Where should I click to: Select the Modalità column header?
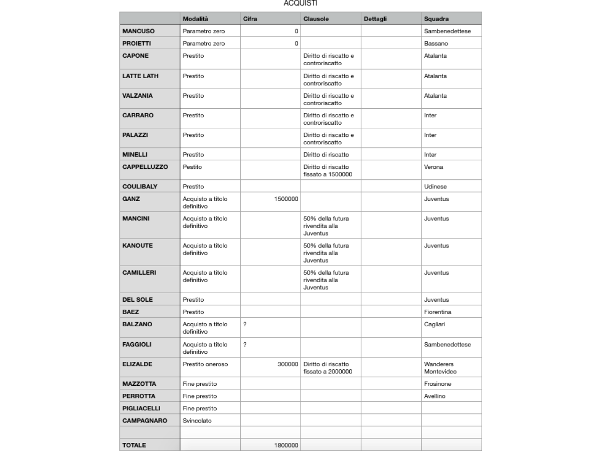[196, 19]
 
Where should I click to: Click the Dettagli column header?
[374, 19]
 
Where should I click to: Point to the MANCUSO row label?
[138, 31]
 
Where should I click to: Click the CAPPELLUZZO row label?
[145, 166]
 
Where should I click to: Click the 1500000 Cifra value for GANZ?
[286, 199]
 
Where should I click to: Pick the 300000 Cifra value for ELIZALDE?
[288, 364]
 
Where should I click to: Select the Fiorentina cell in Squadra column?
[437, 312]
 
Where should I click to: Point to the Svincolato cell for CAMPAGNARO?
[197, 420]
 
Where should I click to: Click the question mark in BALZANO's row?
[245, 324]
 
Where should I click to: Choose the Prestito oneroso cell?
[205, 364]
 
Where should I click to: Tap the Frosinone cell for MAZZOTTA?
[437, 384]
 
